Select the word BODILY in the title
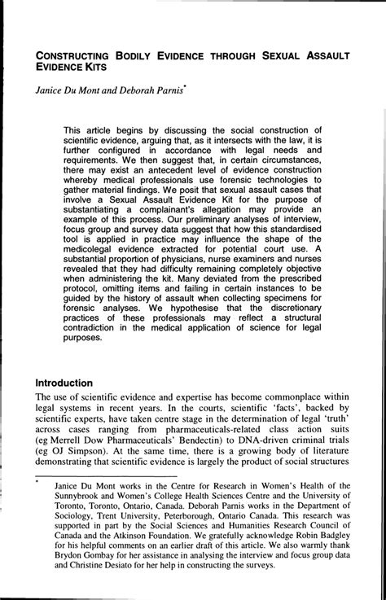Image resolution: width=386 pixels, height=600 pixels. tap(143, 57)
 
